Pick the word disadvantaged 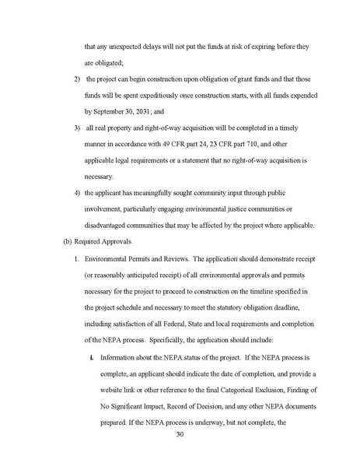pyautogui.click(x=110, y=205)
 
